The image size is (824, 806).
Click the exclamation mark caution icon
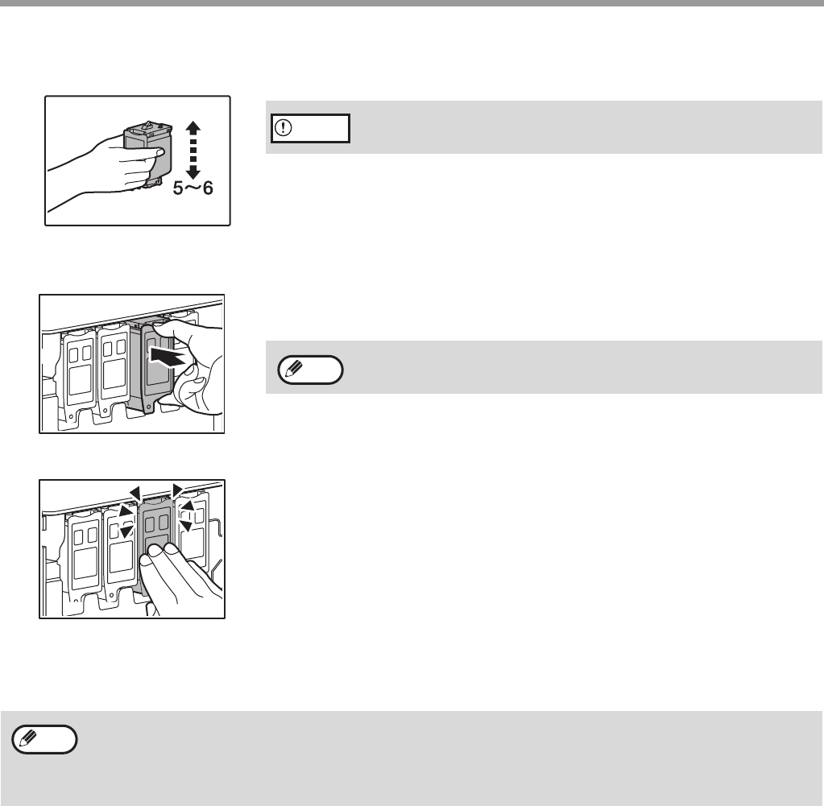point(284,128)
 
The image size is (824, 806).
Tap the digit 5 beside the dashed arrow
point(179,188)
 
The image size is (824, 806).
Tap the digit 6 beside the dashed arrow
point(208,188)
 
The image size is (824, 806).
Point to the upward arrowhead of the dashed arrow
point(193,126)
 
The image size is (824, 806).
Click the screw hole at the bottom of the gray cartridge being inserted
point(149,407)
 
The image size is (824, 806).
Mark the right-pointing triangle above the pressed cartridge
point(178,490)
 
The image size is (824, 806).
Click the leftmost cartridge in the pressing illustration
point(85,557)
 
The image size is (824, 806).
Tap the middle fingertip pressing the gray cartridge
point(155,552)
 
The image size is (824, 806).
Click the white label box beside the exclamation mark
point(311,128)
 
